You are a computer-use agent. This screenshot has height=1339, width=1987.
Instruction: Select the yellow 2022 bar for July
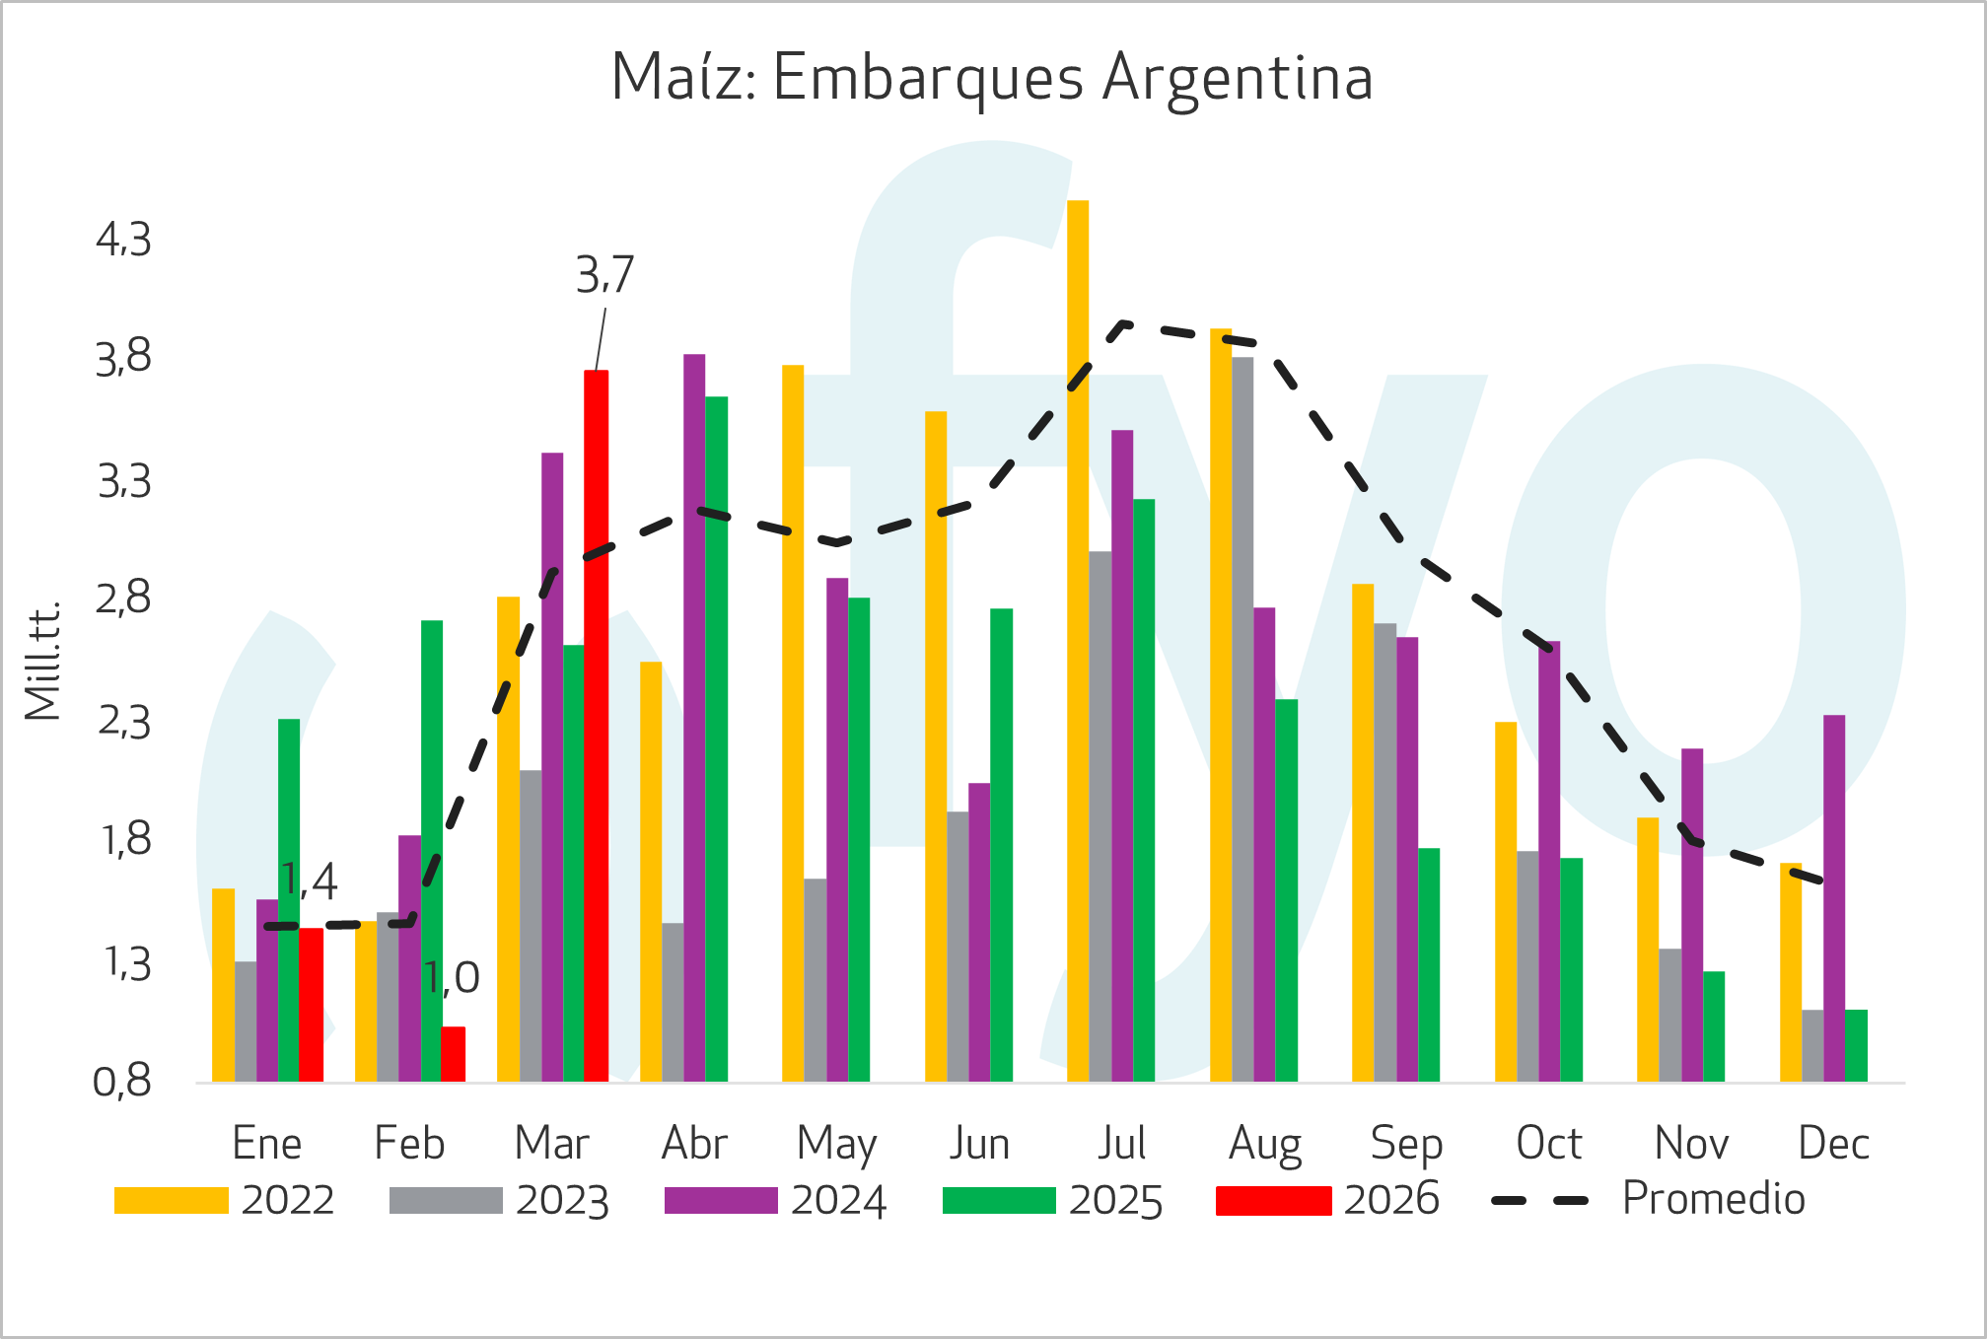click(x=1078, y=641)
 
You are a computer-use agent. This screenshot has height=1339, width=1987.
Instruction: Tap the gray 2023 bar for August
click(x=1242, y=719)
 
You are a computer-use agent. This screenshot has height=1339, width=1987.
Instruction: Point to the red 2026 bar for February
click(x=454, y=1054)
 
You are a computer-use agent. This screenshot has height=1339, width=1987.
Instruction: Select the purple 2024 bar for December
click(x=1834, y=897)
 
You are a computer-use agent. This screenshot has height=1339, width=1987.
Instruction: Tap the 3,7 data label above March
click(x=604, y=275)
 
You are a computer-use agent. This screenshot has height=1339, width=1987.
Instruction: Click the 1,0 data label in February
click(x=452, y=978)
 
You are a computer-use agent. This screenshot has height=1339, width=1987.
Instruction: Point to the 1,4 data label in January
click(x=309, y=881)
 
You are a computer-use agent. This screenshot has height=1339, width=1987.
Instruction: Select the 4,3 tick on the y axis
click(x=123, y=240)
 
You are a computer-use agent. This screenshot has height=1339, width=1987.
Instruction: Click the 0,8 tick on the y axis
click(x=122, y=1083)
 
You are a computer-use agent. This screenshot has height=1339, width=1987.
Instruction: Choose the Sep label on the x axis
click(x=1406, y=1144)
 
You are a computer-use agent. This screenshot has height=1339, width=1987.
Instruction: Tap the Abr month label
click(x=694, y=1144)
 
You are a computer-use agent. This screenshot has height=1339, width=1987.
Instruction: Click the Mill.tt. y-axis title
click(x=43, y=660)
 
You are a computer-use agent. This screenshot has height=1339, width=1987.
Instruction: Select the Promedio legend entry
click(x=1713, y=1199)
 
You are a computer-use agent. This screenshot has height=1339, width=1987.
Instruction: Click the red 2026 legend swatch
click(x=1273, y=1200)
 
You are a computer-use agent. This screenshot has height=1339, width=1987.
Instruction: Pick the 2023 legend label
click(x=562, y=1200)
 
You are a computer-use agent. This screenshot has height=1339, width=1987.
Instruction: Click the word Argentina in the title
click(x=1238, y=78)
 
